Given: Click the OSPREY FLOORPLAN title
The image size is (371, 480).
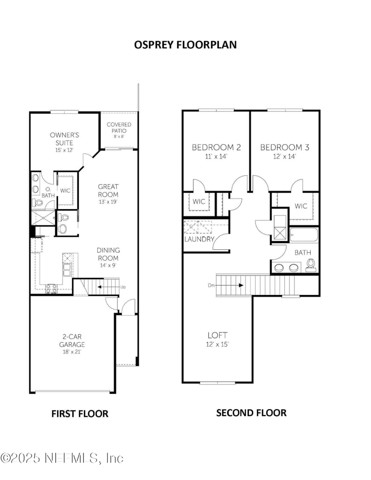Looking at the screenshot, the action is click(185, 45).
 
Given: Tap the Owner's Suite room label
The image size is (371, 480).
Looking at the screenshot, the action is click(64, 139).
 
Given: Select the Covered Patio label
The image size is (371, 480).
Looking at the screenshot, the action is click(119, 128).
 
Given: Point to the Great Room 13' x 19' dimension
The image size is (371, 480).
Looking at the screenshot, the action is click(109, 202).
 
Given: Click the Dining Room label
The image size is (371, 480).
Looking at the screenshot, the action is click(108, 254).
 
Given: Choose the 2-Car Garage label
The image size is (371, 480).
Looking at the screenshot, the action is click(72, 340).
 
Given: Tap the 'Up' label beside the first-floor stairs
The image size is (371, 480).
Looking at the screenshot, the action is click(123, 287).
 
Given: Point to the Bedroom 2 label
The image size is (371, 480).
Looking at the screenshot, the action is click(217, 147).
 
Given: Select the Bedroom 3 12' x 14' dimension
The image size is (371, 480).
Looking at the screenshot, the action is click(285, 156).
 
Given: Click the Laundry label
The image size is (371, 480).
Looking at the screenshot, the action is click(199, 239).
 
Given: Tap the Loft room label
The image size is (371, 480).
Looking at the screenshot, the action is click(217, 335).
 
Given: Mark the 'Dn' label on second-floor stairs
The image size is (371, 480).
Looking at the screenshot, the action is click(211, 285).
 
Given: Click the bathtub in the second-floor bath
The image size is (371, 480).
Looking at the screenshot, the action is click(304, 235).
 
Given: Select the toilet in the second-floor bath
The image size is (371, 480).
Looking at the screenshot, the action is click(311, 264).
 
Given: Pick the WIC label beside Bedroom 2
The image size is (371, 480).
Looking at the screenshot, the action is click(199, 201).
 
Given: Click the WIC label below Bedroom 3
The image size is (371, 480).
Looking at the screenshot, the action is click(301, 206).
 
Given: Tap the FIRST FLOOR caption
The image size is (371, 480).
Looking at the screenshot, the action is click(80, 414).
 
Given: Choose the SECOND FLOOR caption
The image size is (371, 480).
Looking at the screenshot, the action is click(251, 413).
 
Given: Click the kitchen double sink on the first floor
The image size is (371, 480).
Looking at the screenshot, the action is click(67, 269).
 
